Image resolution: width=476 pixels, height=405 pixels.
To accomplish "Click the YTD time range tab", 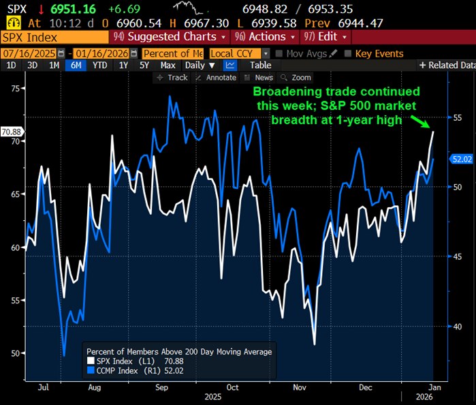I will [x=99, y=65].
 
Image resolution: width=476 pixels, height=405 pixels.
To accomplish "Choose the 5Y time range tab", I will [x=144, y=65].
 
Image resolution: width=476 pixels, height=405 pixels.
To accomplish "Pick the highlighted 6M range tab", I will [x=74, y=65].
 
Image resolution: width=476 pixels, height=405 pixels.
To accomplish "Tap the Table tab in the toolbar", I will [x=260, y=65].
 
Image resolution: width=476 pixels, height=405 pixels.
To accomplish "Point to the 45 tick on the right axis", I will [x=458, y=256].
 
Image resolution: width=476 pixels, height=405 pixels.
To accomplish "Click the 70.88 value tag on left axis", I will [x=12, y=131].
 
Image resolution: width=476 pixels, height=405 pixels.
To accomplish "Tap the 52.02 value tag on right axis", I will [x=462, y=159].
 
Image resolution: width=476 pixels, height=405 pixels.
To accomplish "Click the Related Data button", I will [x=447, y=65].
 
